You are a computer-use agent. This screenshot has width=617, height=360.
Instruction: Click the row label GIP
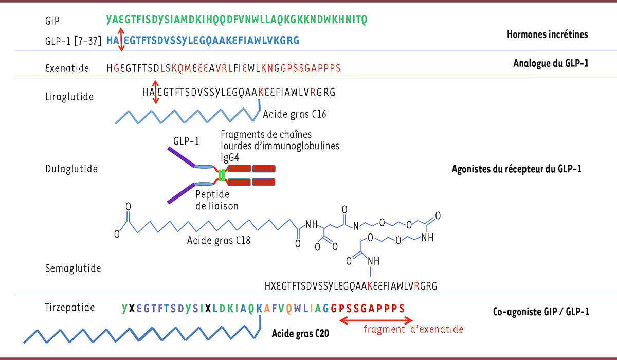52,21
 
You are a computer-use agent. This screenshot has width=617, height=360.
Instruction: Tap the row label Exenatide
67,68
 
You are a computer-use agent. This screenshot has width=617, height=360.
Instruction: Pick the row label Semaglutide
72,268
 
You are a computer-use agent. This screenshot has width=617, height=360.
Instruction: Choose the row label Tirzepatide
70,308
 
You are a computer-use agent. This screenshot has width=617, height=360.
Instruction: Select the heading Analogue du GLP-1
550,63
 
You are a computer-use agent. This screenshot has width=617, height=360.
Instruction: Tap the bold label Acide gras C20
300,333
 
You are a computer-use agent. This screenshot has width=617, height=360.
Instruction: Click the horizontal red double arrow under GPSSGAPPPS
367,320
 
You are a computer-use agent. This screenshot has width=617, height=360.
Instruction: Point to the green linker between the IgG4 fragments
222,175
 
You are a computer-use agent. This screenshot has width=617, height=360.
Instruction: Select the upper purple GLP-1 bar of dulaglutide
180,157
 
